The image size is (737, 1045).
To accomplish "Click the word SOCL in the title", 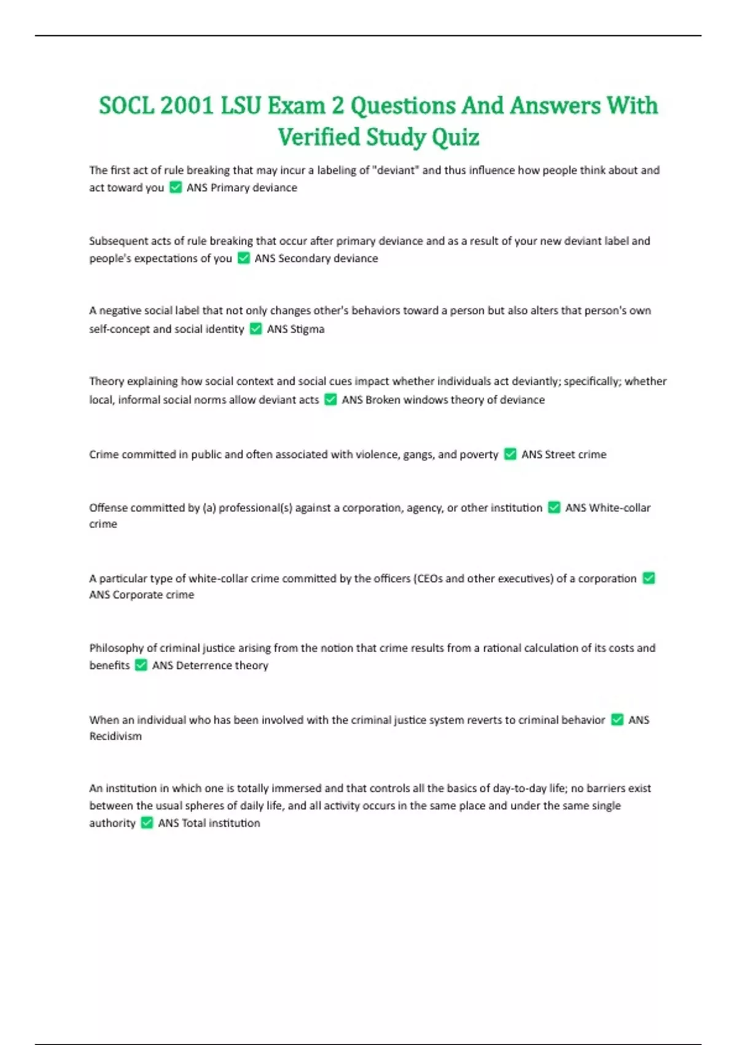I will click(x=126, y=106).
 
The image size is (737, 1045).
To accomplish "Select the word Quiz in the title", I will click(x=456, y=137).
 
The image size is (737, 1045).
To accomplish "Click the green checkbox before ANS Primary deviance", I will click(x=176, y=187).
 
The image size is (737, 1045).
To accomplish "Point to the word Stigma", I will click(x=307, y=329).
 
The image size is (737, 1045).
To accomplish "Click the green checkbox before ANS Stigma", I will click(x=255, y=329).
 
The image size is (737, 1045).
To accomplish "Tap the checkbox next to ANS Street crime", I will click(x=510, y=454).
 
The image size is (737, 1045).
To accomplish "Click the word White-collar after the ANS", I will click(x=620, y=508).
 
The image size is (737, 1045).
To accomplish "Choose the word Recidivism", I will click(x=115, y=736).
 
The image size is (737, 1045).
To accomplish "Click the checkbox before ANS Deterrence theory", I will click(x=141, y=665).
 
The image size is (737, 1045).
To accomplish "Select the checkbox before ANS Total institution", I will click(x=147, y=823).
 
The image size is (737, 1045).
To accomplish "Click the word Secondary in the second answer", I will click(x=304, y=258).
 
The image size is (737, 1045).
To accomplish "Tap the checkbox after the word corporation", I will click(x=649, y=578).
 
